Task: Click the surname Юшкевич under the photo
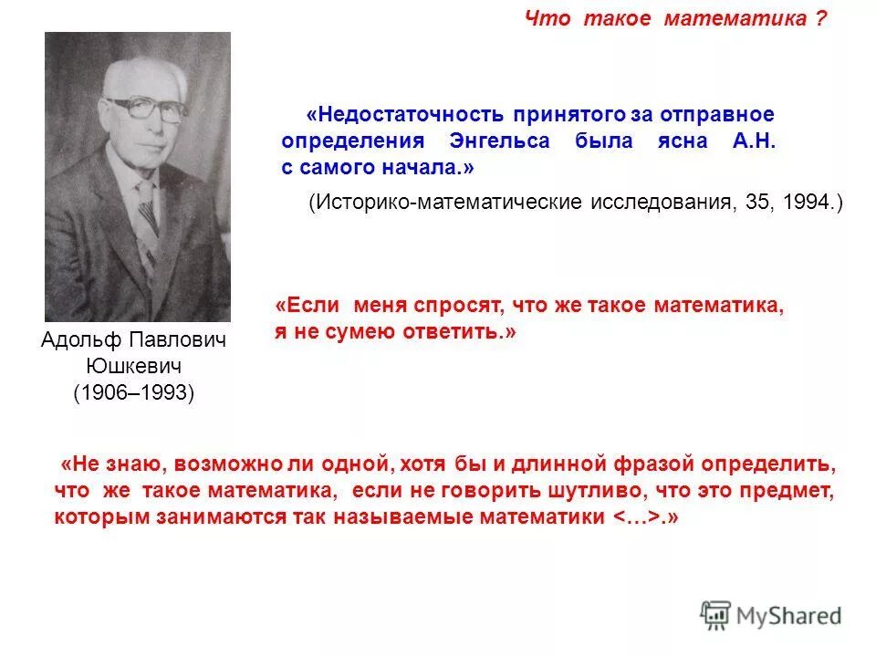click(x=134, y=367)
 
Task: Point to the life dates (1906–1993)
click(x=134, y=393)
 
